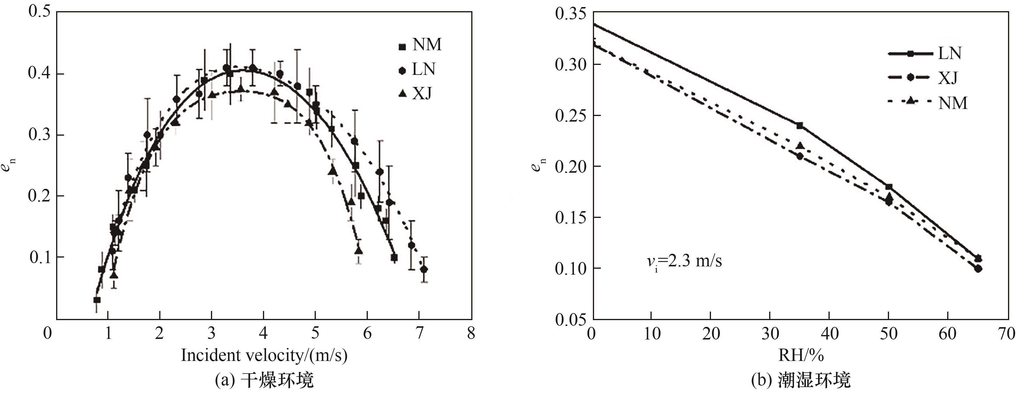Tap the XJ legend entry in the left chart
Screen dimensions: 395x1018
(x=416, y=94)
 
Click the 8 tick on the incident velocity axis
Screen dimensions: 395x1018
(x=471, y=333)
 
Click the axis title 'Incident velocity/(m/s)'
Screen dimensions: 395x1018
(x=264, y=355)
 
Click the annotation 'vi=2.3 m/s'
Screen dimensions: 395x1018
(x=684, y=261)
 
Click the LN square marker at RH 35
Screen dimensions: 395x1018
(x=799, y=126)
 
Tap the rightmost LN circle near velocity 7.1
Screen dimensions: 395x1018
(x=424, y=269)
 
